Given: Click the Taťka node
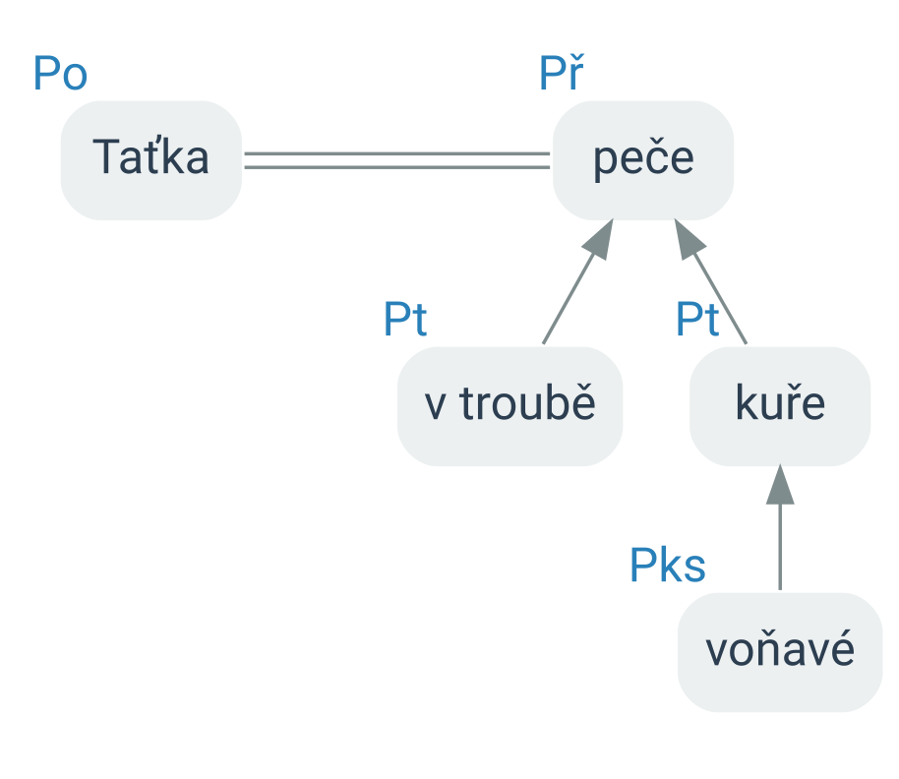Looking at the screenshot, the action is pos(151,160).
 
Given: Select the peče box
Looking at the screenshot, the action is pos(642,160).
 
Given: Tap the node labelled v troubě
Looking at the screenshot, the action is pos(509,406).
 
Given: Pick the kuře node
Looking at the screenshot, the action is pos(780,406).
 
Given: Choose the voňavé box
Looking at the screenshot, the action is pos(780,652).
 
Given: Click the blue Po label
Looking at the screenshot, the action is pos(60,74).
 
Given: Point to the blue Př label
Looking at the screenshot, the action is pos(562,72).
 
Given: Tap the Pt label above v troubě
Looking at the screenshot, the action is pos(405,319).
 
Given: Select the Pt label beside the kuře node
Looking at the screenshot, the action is pos(697,319).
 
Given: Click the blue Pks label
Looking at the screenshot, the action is pos(668,566).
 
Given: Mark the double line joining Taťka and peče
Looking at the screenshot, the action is pos(396,160).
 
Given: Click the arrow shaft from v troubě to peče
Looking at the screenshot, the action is pos(569,299).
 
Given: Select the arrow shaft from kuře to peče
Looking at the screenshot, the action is pos(720,299).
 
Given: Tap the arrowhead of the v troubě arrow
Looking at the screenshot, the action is pos(600,240).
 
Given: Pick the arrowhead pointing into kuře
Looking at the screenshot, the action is pos(780,485).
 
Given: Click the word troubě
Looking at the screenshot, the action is pos(527,402).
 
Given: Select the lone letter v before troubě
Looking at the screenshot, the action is pos(435,406).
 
